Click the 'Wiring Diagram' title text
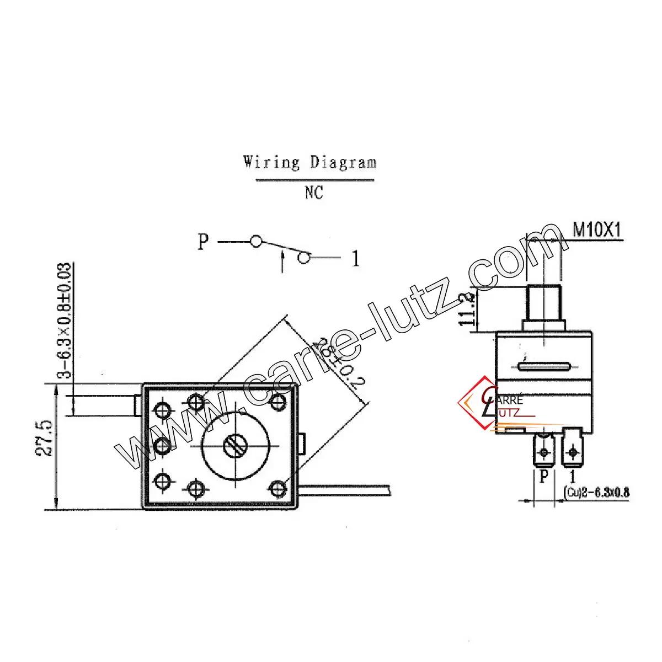pos(310,163)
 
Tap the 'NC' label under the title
pos(312,193)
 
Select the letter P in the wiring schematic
pos(204,242)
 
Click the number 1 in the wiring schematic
pos(356,258)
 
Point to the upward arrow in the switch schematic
pos(283,260)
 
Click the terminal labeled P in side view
pos(544,452)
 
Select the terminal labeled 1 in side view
pos(574,452)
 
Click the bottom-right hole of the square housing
pos(280,487)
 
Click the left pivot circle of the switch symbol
pos(255,242)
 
